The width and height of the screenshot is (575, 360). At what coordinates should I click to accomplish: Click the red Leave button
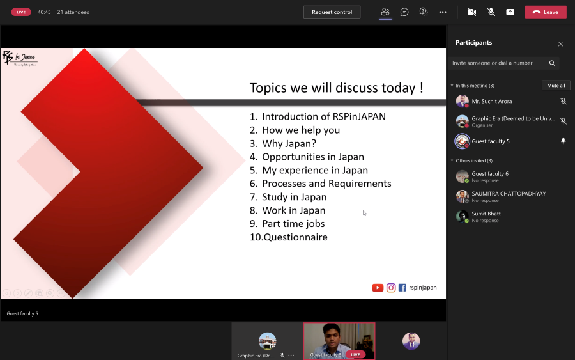[x=546, y=12]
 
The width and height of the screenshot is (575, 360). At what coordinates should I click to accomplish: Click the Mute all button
[x=556, y=85]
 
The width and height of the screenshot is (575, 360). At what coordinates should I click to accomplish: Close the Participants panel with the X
[x=560, y=44]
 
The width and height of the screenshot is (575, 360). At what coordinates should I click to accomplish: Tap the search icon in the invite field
[x=552, y=63]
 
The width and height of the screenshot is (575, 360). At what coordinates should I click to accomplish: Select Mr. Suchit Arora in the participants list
[x=491, y=101]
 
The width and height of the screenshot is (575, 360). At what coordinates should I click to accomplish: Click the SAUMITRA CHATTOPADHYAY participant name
[x=509, y=194]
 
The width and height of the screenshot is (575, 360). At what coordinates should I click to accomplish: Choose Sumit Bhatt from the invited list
[x=486, y=214]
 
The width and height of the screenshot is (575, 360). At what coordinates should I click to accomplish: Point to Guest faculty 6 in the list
[x=490, y=174]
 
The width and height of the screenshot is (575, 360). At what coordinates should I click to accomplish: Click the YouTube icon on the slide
[x=378, y=288]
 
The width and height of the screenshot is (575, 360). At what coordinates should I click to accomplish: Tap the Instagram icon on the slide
[x=391, y=288]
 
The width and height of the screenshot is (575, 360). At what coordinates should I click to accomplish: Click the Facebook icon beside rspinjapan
[x=402, y=288]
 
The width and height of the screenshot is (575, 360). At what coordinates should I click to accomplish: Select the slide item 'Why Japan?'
[x=289, y=143]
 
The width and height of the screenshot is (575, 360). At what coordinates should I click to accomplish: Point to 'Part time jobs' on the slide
[x=293, y=224]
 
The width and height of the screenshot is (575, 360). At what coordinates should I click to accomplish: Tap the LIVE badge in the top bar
[x=21, y=12]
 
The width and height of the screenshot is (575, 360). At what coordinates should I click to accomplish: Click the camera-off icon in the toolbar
[x=471, y=12]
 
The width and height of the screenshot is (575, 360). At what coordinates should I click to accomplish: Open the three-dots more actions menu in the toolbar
[x=443, y=12]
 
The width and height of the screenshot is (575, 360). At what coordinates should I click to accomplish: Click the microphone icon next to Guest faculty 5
[x=563, y=141]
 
